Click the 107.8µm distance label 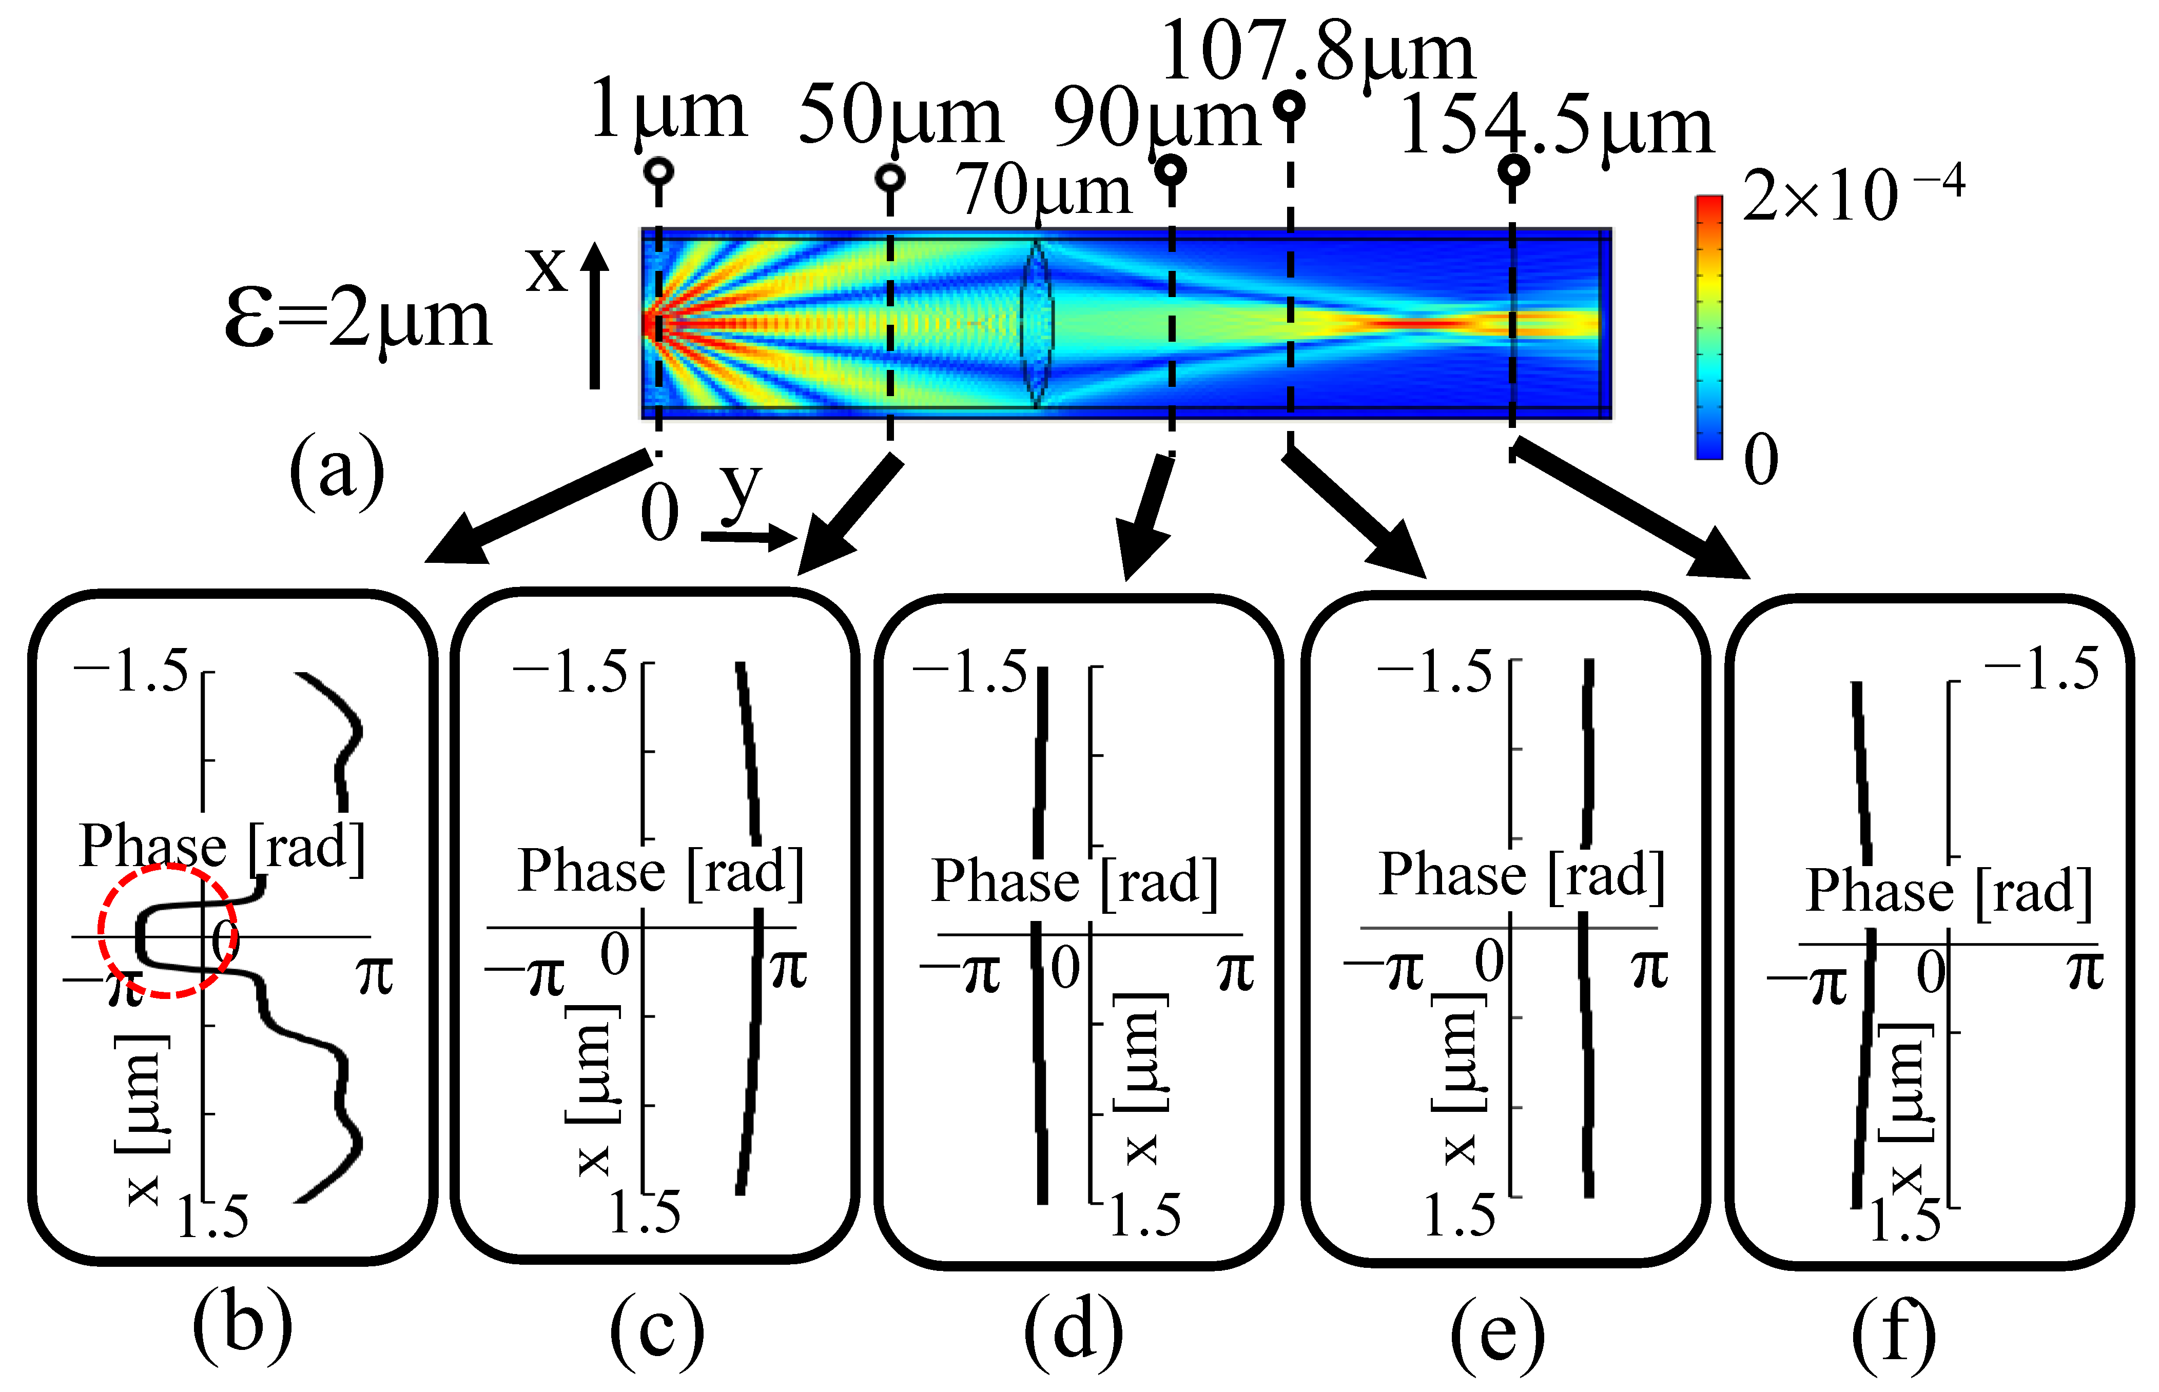click(1317, 52)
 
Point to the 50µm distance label click(900, 115)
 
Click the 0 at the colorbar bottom click(1760, 459)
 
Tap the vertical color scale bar click(1709, 327)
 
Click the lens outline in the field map click(1036, 321)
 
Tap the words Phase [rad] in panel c click(660, 872)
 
